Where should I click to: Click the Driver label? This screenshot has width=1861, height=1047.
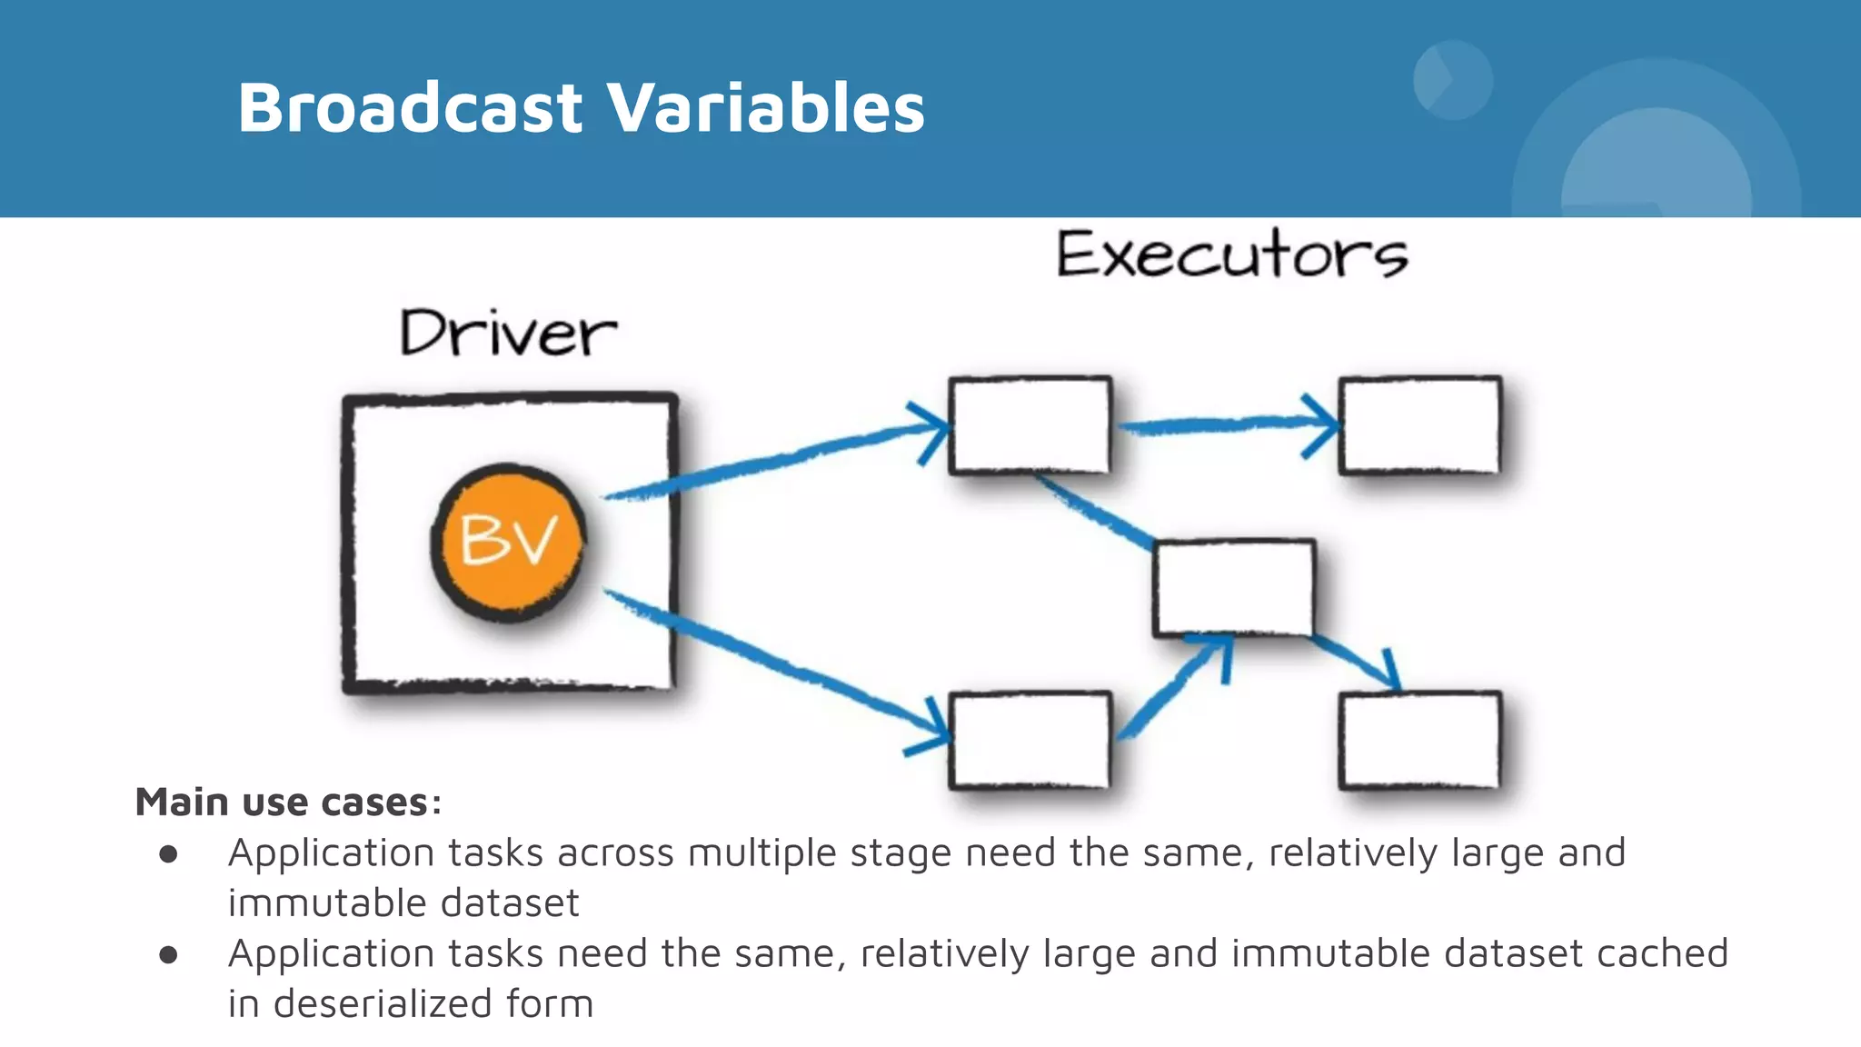tap(508, 334)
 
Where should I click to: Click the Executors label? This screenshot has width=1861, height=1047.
tap(1231, 254)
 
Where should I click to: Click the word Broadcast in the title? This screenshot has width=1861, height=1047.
tap(409, 107)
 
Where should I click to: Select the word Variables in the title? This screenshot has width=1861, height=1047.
tap(765, 107)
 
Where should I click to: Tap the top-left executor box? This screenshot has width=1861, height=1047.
tap(1030, 424)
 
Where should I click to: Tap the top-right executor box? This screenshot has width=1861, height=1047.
tap(1419, 424)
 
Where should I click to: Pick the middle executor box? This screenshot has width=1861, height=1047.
tap(1233, 587)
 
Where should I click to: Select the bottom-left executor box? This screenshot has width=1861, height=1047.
tap(1030, 740)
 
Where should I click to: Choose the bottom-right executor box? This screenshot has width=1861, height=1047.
tap(1419, 740)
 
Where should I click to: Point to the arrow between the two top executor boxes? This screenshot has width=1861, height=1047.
tap(1227, 424)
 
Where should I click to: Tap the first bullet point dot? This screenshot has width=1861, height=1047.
tap(168, 853)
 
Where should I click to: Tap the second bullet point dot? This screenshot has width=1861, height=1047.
tap(168, 954)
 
